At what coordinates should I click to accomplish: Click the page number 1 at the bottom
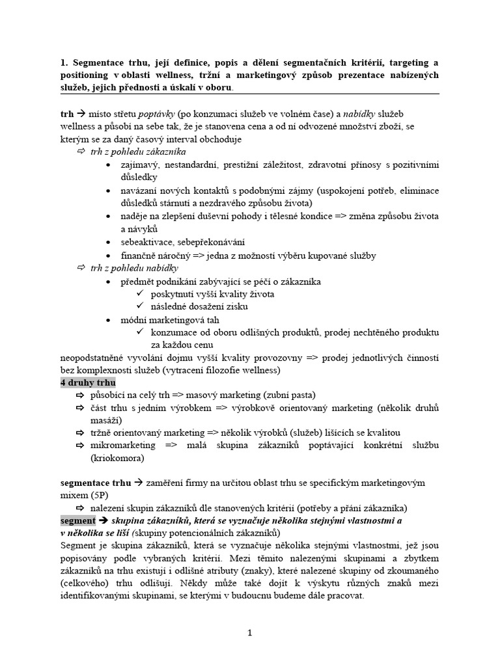click(250, 632)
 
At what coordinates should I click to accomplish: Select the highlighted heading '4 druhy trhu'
click(88, 382)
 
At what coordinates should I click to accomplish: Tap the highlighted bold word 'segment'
click(77, 521)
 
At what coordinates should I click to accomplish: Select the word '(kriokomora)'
click(118, 459)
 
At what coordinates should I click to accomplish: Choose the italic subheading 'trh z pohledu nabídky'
click(134, 268)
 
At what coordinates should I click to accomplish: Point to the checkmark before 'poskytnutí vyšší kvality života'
click(139, 294)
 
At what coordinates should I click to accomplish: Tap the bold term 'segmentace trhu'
click(95, 483)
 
